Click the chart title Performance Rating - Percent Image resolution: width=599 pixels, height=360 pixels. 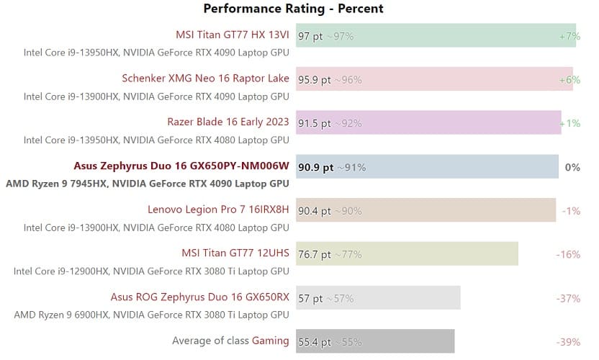[x=293, y=9]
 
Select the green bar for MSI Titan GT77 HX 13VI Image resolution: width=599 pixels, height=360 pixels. [x=461, y=35]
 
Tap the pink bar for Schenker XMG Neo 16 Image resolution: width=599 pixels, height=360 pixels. [x=461, y=79]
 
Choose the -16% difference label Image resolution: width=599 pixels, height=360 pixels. [x=568, y=254]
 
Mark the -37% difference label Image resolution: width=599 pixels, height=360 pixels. [x=568, y=298]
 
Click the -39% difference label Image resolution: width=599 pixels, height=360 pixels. [x=568, y=341]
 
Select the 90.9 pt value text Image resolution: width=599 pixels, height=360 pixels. [x=315, y=167]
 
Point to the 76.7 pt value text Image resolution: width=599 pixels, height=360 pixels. [x=315, y=254]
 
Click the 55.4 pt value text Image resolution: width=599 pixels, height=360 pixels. [x=315, y=341]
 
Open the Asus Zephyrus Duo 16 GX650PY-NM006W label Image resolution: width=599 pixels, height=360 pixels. [x=181, y=166]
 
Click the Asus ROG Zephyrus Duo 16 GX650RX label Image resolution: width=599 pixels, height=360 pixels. [x=199, y=297]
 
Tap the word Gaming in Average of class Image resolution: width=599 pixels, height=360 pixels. [x=270, y=341]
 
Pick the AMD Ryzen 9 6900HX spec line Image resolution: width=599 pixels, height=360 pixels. [x=151, y=315]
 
